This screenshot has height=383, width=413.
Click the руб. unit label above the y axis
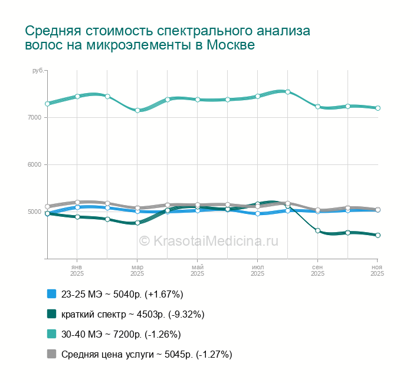38,71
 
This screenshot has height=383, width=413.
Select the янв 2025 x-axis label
77,270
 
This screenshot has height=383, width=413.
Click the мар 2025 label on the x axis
137,270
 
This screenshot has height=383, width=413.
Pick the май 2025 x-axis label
197,270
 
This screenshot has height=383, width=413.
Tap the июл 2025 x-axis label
257,270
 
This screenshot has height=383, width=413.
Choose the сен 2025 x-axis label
317,270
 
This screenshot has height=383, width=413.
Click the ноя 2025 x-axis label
377,270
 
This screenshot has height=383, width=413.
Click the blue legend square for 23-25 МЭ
51,294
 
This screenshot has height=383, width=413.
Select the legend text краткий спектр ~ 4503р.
133,314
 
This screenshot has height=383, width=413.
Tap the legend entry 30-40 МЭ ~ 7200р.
121,334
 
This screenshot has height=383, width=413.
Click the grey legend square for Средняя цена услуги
51,354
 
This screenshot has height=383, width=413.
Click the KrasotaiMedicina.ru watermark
208,240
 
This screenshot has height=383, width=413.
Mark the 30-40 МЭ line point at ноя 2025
378,108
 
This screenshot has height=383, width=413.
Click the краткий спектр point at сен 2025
317,230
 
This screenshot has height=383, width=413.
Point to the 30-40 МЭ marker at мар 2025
137,110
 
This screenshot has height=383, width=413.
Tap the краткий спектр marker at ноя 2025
378,235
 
